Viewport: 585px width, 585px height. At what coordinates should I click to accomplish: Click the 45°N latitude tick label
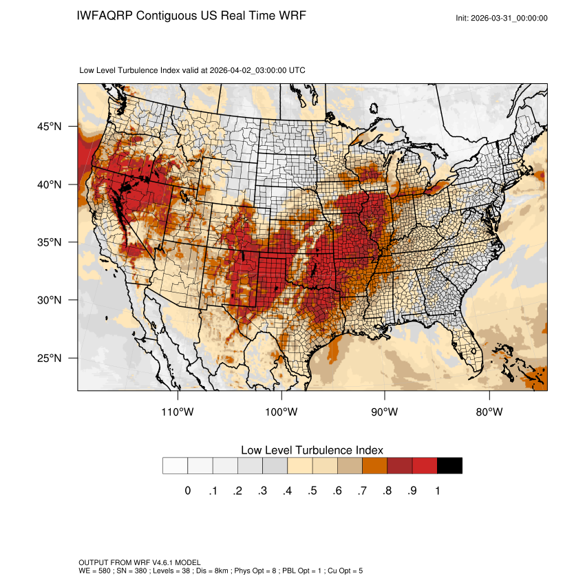pyautogui.click(x=51, y=127)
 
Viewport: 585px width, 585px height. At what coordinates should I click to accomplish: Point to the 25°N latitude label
pyautogui.click(x=51, y=358)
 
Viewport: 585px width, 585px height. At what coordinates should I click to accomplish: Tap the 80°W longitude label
pyautogui.click(x=489, y=412)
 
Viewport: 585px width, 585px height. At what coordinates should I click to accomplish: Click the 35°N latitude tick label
pyautogui.click(x=51, y=242)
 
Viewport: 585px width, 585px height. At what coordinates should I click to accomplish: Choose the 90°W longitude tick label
pyautogui.click(x=385, y=412)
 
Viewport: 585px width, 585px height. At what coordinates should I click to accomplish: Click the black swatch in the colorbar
pyautogui.click(x=449, y=466)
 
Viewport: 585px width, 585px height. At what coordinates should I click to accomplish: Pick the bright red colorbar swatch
pyautogui.click(x=425, y=466)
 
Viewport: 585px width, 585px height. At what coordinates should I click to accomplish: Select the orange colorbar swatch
pyautogui.click(x=374, y=466)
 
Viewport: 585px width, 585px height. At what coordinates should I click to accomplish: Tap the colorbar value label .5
pyautogui.click(x=312, y=491)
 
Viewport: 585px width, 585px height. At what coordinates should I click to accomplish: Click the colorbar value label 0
pyautogui.click(x=187, y=491)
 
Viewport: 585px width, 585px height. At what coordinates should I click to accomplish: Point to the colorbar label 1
pyautogui.click(x=438, y=491)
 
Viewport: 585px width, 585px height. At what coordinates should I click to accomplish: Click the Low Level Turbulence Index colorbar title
pyautogui.click(x=312, y=450)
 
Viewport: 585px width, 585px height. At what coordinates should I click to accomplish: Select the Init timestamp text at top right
pyautogui.click(x=502, y=18)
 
